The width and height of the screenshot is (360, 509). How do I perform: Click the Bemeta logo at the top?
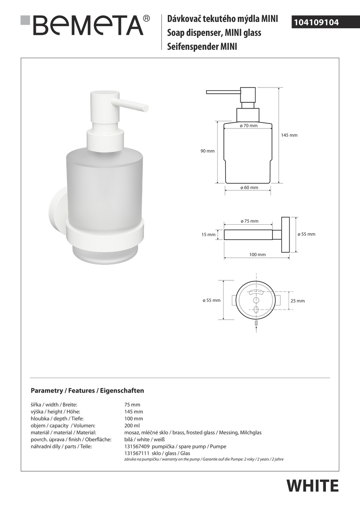tap(85, 25)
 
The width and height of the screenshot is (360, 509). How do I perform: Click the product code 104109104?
tap(316, 23)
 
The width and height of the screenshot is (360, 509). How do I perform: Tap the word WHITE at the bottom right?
tap(312, 486)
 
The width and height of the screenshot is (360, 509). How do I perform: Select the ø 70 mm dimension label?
tap(249, 126)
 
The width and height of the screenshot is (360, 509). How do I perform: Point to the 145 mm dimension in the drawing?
tap(289, 135)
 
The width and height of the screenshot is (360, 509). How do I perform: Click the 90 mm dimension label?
tap(208, 151)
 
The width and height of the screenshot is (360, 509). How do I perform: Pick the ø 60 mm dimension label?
tap(249, 188)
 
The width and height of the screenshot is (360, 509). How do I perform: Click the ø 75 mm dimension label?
tap(249, 221)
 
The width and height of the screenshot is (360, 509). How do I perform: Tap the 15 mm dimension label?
tap(208, 235)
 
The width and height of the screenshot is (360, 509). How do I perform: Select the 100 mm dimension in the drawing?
tap(257, 254)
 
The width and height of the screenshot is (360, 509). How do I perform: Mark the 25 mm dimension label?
tap(298, 301)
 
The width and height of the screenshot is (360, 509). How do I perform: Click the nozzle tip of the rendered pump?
tap(146, 108)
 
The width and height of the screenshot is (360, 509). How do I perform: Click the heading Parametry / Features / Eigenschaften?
tap(87, 391)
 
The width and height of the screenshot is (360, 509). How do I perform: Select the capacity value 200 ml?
tap(132, 425)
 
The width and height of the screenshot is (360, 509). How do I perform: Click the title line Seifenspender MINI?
tap(202, 47)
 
